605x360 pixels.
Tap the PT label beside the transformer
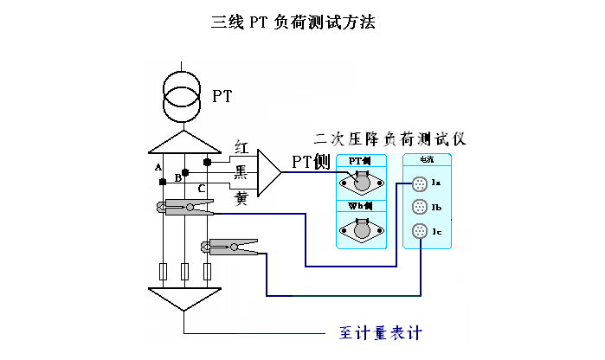(222, 96)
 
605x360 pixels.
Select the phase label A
(158, 166)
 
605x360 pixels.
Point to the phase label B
(177, 177)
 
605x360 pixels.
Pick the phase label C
(201, 188)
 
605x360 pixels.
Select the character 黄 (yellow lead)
(241, 197)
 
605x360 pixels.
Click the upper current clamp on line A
(185, 207)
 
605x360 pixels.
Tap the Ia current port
(420, 183)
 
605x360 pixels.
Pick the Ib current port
(420, 208)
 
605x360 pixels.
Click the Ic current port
(420, 231)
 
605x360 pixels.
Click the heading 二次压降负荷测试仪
(390, 138)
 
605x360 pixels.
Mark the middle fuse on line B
(184, 272)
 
